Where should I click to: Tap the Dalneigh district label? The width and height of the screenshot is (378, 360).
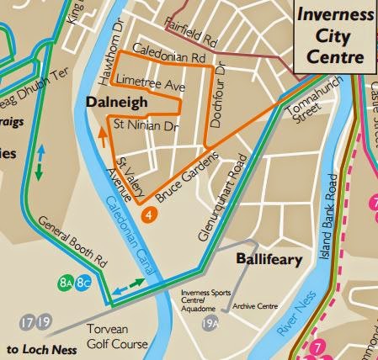point(115,103)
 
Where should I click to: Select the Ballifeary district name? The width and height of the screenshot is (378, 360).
point(268,259)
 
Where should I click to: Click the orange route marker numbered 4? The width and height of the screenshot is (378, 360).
point(148,215)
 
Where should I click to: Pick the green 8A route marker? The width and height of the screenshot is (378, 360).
point(67,283)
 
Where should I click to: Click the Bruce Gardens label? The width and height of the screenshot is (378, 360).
point(187,179)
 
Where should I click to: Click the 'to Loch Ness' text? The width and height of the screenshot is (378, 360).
point(42,348)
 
